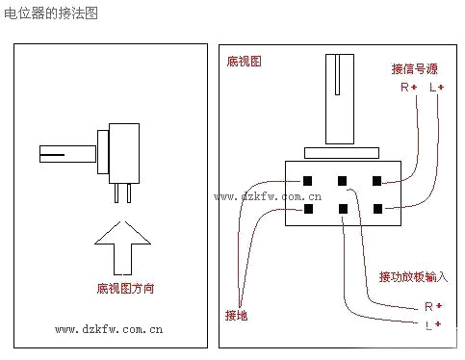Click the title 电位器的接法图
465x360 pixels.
point(51,13)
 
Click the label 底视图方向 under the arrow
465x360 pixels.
point(125,289)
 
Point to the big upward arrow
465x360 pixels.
point(122,247)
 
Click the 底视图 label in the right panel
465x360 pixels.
point(244,62)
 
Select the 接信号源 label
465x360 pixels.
point(414,69)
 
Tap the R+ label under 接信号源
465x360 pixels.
point(408,87)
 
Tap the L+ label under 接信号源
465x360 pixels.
point(436,87)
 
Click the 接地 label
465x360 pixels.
point(236,316)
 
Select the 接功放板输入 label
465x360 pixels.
point(413,276)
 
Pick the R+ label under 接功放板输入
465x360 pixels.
point(433,306)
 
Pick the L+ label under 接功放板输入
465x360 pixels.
point(433,324)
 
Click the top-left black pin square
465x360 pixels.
point(307,181)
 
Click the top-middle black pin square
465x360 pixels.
point(342,181)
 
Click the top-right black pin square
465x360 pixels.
point(376,181)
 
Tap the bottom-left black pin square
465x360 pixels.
point(308,209)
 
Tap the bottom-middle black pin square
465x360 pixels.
point(343,209)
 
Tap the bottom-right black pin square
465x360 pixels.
point(378,209)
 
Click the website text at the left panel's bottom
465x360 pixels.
point(109,329)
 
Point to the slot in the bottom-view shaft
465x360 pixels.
point(337,74)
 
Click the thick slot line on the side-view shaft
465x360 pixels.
point(52,155)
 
